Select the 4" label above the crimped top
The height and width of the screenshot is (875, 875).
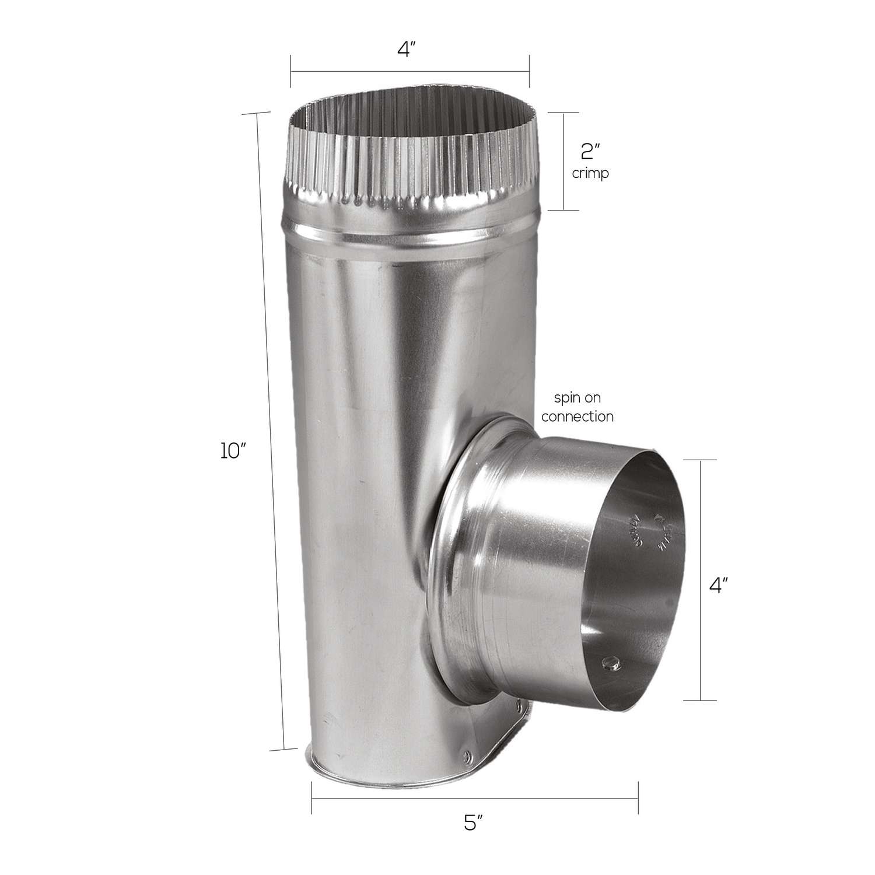click(408, 50)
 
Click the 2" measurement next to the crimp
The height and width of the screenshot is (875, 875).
click(590, 152)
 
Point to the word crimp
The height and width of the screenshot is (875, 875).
click(590, 173)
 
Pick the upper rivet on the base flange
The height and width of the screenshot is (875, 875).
click(517, 708)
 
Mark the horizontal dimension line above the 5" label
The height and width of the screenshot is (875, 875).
click(474, 797)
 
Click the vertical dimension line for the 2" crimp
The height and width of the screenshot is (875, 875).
click(563, 161)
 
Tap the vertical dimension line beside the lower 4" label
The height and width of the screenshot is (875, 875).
click(700, 580)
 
